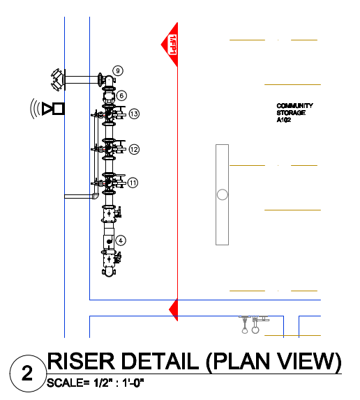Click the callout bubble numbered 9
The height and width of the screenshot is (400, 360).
(x=118, y=70)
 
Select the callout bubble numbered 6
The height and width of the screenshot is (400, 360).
(x=121, y=95)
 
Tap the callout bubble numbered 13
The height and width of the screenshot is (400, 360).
(x=134, y=114)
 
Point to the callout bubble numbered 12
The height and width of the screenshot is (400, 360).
(x=134, y=150)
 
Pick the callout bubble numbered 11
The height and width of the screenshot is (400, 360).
(x=133, y=183)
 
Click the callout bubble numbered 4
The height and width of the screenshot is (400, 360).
(x=121, y=240)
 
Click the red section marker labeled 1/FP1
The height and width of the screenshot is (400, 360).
(x=170, y=45)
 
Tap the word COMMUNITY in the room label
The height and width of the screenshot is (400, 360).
(x=294, y=106)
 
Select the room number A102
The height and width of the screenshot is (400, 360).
(x=284, y=120)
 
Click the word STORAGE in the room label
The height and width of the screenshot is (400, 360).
(x=291, y=113)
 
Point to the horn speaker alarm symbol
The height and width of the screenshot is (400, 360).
(x=47, y=109)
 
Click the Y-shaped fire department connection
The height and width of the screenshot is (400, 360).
(x=58, y=79)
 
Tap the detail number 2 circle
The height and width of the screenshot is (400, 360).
(x=27, y=374)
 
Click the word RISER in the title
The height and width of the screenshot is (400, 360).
(x=81, y=361)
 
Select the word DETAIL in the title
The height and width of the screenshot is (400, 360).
(x=160, y=361)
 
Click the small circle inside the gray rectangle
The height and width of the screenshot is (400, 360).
(x=223, y=194)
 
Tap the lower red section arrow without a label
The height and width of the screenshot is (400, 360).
(x=173, y=309)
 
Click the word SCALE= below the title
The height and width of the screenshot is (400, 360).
(x=68, y=383)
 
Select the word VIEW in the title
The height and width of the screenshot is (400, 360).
(x=306, y=361)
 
